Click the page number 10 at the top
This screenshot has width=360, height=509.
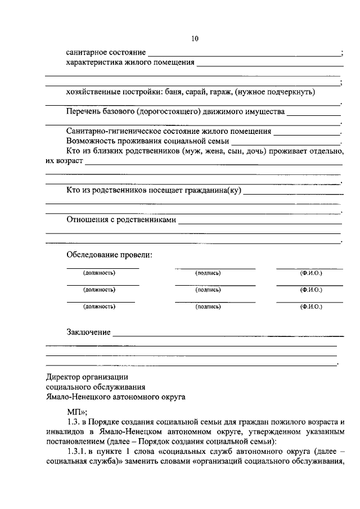(195, 39)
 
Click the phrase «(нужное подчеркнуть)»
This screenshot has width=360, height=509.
(276, 92)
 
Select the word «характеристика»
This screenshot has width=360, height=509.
(93, 62)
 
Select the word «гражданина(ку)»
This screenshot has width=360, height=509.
(213, 191)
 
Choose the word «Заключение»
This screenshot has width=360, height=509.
(88, 332)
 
